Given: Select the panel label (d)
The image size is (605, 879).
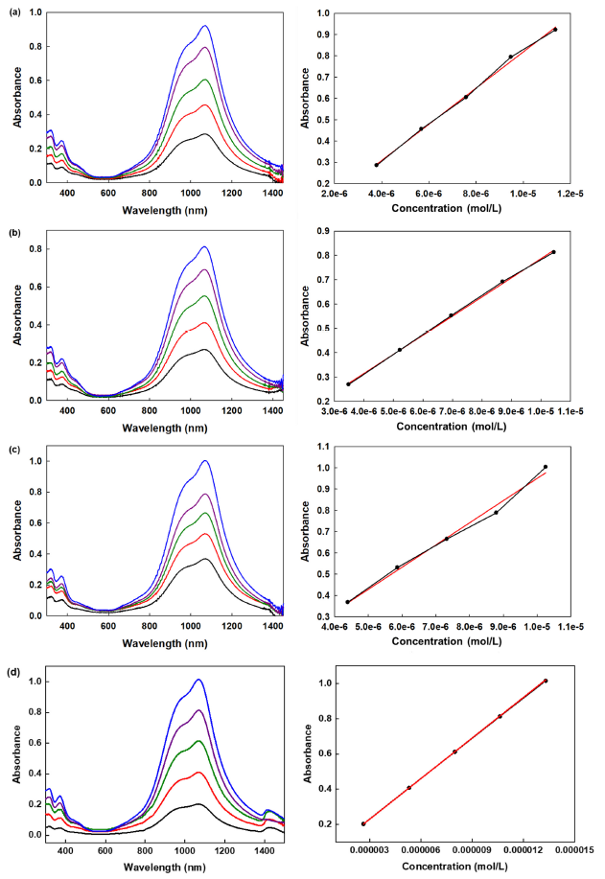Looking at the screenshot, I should click(x=12, y=666).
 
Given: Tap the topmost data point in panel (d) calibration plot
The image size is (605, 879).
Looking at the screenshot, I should click(x=546, y=681).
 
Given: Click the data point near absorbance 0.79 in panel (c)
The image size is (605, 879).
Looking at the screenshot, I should click(x=496, y=513).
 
